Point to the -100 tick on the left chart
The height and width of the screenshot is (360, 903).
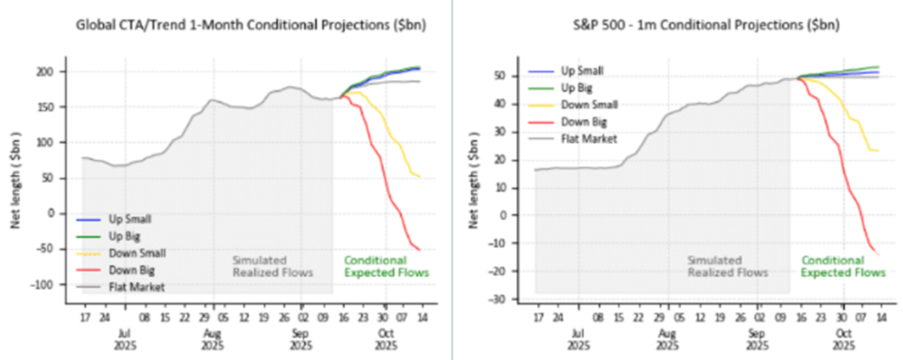[47, 285]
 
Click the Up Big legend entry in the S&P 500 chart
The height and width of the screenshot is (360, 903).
[581, 88]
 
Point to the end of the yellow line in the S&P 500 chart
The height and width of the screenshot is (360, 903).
[879, 151]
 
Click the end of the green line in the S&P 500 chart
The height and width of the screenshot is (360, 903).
[879, 67]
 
